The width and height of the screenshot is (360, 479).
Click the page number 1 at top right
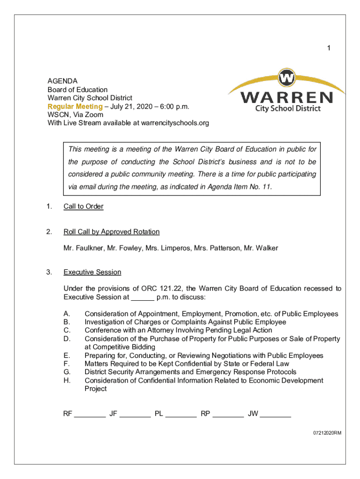329,48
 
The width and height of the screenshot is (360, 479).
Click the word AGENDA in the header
62,81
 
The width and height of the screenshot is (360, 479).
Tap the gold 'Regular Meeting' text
75,106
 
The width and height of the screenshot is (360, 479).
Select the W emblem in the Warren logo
286,77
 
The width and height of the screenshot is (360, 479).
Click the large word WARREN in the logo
287,97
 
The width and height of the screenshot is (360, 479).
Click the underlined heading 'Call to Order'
83,206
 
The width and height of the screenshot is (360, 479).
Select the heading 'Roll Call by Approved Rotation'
111,232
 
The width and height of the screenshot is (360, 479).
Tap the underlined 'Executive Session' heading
92,272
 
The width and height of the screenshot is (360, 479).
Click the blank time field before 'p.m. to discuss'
143,297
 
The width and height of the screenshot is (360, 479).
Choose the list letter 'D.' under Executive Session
67,339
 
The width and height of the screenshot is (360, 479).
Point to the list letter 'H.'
67,380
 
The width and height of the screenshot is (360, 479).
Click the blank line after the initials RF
90,414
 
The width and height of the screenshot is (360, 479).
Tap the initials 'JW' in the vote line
253,414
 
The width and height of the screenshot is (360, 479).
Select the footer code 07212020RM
327,433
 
